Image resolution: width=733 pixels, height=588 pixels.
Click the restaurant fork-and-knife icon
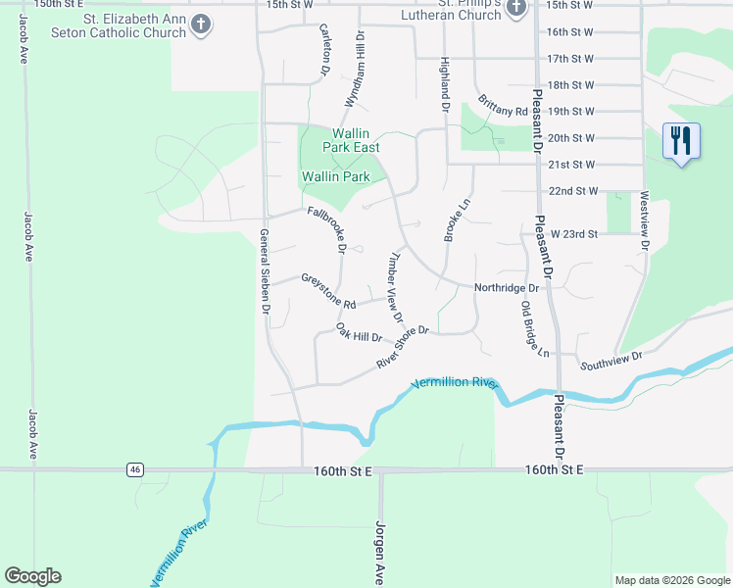pos(681,140)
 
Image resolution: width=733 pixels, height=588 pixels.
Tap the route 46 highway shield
pos(135,470)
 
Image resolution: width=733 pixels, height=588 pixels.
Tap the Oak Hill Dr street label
pos(359,332)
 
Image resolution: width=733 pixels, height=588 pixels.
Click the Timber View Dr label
pos(396,287)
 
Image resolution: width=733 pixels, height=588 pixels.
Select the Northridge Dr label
pos(507,288)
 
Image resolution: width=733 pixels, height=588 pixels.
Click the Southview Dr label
pos(611,360)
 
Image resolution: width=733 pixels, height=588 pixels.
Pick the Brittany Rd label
pos(504,106)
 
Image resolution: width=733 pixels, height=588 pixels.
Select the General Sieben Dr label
pos(265,270)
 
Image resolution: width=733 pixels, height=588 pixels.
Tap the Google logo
pos(32,576)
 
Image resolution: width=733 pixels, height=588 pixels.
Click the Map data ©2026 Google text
pos(671,580)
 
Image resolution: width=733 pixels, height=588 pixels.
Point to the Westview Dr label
pos(645,221)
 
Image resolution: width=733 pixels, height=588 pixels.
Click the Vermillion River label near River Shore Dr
pos(455,383)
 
